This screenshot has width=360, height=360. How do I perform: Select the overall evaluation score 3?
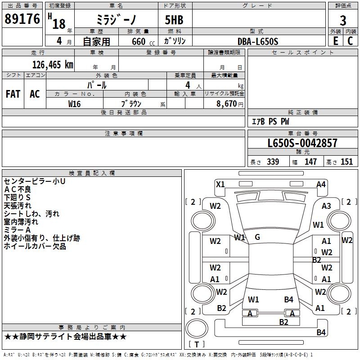(x=343, y=21)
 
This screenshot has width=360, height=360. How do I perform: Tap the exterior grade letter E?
(x=335, y=40)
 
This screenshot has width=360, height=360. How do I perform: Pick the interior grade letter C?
(x=350, y=40)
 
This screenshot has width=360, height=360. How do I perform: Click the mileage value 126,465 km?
(x=53, y=64)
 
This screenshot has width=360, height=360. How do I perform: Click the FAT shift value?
(x=13, y=94)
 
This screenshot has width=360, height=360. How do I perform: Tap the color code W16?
(x=75, y=103)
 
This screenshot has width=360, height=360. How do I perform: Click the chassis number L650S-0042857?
(x=302, y=143)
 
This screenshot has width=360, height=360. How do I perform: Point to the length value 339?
(x=273, y=162)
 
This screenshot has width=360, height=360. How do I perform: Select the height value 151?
(x=346, y=162)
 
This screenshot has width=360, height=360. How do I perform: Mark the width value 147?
(x=310, y=162)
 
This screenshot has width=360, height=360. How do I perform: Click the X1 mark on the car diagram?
(x=220, y=184)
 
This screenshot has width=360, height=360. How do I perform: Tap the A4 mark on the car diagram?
(x=321, y=184)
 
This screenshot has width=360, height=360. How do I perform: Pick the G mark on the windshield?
(x=257, y=237)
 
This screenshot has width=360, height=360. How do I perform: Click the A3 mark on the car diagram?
(x=326, y=206)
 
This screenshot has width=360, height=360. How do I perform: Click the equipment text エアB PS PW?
(x=270, y=121)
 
